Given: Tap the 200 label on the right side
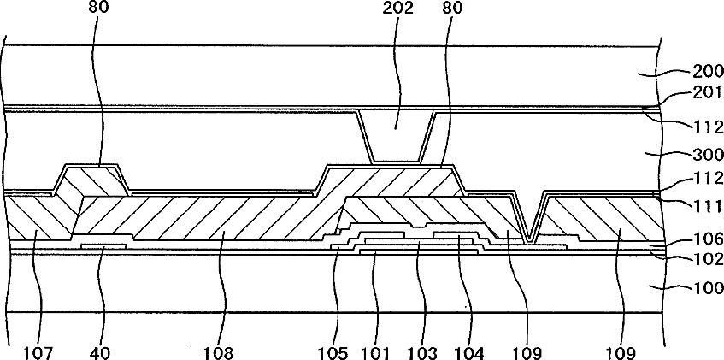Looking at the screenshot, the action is pos(704,74).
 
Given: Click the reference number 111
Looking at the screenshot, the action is pos(705,206).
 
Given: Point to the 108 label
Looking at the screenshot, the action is pos(221,350).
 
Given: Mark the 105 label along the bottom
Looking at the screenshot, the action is pos(337,350).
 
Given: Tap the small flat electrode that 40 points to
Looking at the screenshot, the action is pos(103,246).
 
